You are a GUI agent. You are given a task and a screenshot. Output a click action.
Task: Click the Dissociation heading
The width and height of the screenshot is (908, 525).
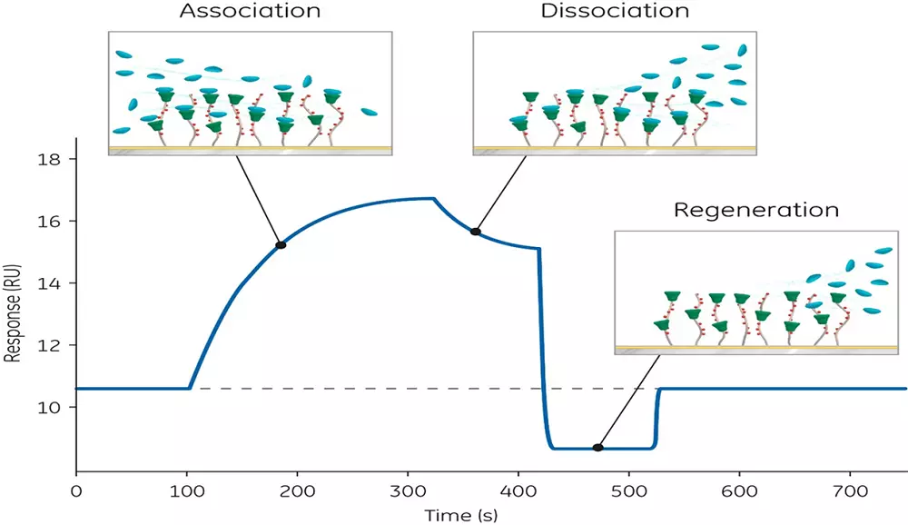[x=616, y=13]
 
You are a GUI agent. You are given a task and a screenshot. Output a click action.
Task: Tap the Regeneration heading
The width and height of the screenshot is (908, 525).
[x=755, y=211]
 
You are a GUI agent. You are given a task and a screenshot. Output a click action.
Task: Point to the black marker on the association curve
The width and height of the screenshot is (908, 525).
[x=281, y=245]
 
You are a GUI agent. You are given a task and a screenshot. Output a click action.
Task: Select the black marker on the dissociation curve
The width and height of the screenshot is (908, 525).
[x=476, y=232]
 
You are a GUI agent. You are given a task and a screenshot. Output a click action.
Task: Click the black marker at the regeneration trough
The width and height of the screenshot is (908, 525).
[x=597, y=447]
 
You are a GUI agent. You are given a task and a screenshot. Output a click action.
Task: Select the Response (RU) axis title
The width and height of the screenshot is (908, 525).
[x=15, y=314]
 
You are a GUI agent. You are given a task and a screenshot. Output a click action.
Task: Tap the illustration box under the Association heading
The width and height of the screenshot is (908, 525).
[x=250, y=94]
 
